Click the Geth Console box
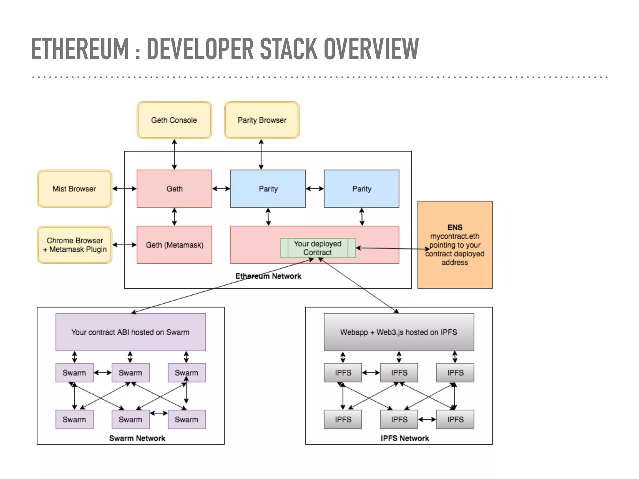point(174,120)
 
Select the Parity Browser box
point(261,120)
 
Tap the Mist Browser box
point(74,189)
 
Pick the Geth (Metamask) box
point(174,245)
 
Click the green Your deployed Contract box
point(318,248)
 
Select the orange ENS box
point(455,245)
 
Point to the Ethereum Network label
point(268,276)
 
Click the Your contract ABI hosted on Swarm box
point(130,332)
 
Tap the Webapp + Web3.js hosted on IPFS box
point(399,332)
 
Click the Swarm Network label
point(137,438)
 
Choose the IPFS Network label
point(405,438)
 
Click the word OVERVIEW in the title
point(371,49)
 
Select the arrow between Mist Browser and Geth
point(124,189)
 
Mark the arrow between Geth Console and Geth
point(174,154)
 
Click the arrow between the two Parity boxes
point(315,189)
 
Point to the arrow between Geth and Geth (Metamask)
point(174,217)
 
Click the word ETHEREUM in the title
point(80,49)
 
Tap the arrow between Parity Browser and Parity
point(261,154)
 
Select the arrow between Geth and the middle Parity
point(221,189)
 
